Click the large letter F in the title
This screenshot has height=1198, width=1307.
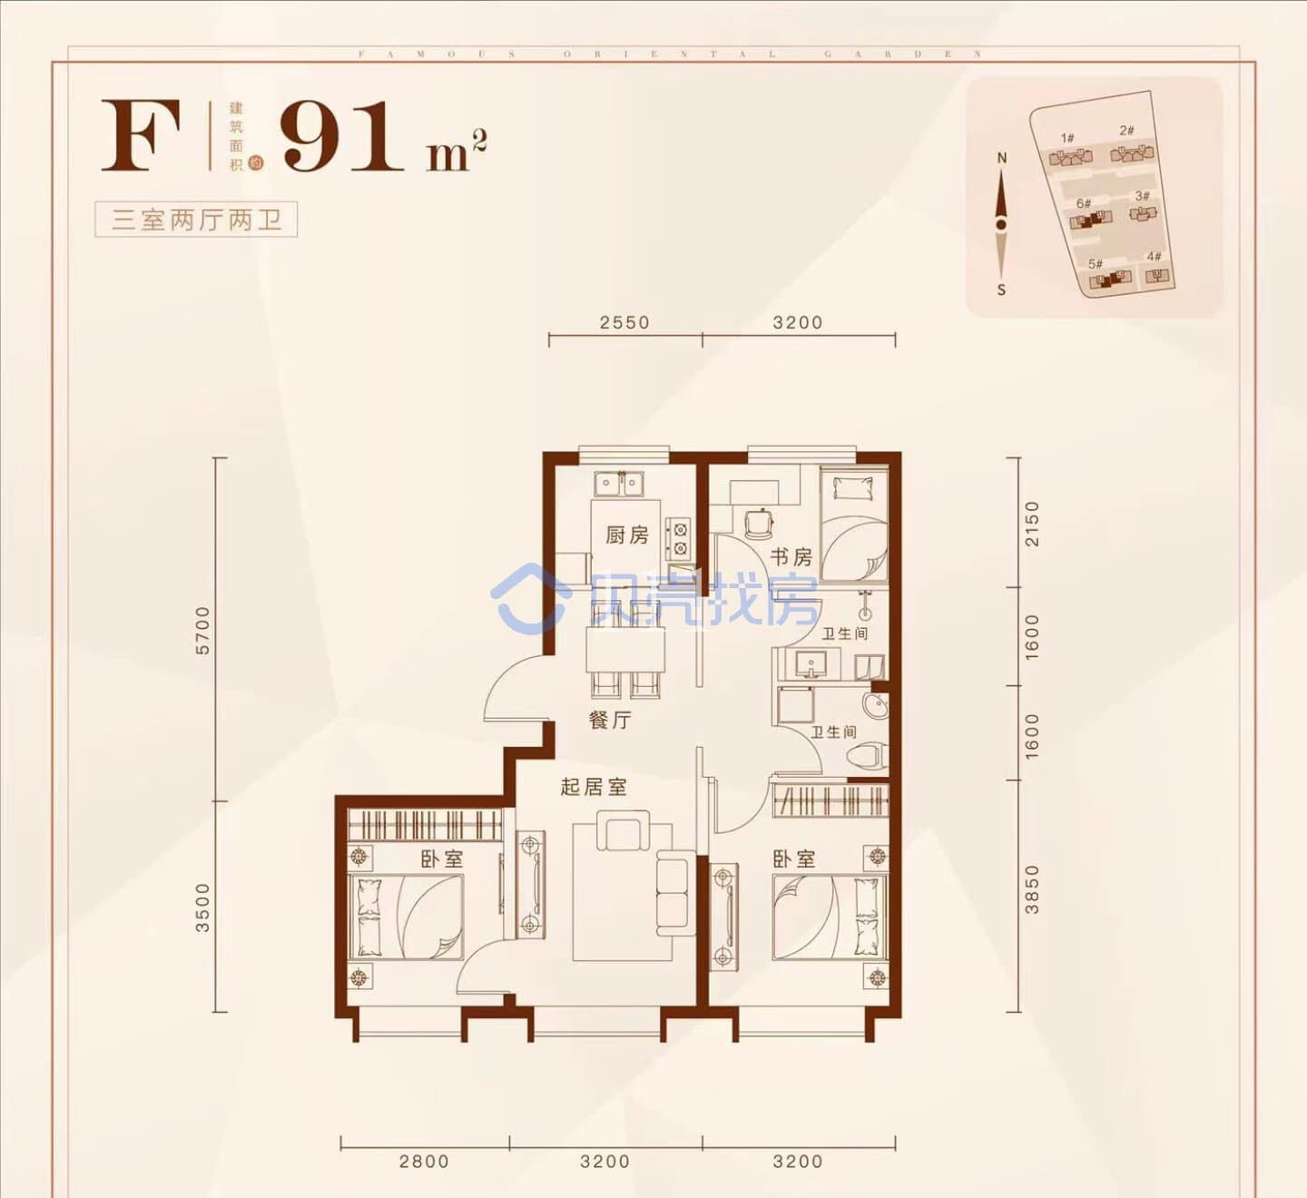point(141,136)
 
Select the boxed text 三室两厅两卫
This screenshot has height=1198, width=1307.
point(196,220)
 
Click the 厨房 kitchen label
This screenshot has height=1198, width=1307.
point(627,535)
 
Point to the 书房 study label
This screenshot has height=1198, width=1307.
point(791,556)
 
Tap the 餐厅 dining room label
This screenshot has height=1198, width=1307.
point(609,721)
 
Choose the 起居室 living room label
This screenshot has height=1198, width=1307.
point(594,787)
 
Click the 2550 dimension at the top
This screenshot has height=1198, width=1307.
point(624,322)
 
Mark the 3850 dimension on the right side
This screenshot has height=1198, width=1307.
point(1032,889)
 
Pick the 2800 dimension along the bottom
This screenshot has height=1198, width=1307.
point(424,1161)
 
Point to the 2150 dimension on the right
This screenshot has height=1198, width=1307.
point(1032,523)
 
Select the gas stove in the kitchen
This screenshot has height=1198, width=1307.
point(677,538)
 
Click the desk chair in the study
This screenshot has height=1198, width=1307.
point(756,523)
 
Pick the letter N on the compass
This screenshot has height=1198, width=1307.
point(1002,158)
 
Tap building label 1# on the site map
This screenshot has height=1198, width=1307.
point(1067,139)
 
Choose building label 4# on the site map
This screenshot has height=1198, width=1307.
point(1154,257)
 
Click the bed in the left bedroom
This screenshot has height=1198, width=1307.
point(407,917)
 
